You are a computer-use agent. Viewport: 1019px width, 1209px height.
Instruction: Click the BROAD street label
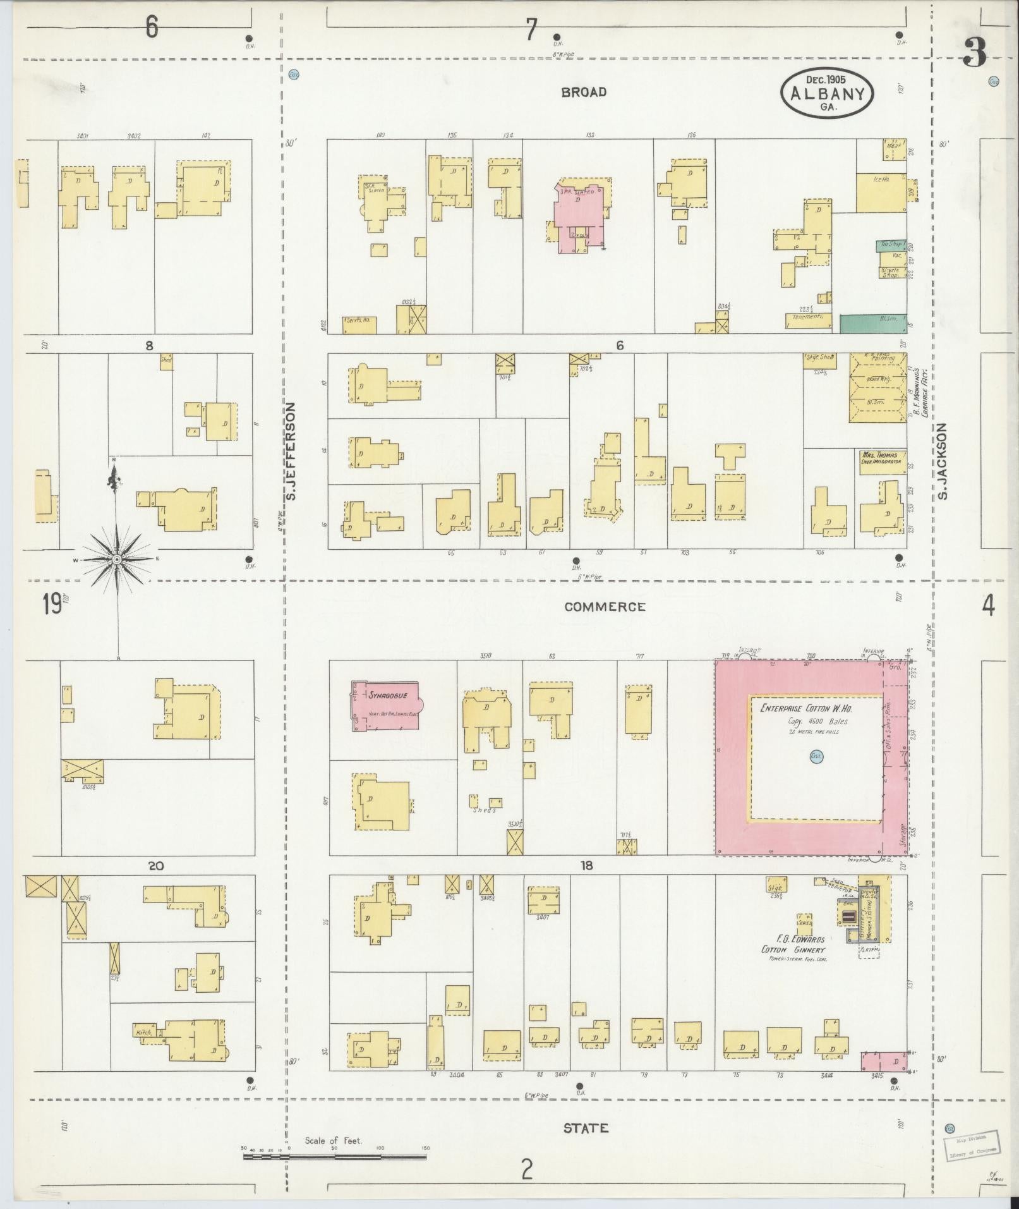[584, 92]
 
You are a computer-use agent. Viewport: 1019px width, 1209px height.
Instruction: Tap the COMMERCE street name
[605, 607]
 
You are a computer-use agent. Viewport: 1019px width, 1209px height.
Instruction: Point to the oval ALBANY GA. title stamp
[827, 94]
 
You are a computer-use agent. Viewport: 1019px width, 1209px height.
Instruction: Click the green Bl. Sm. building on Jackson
[872, 324]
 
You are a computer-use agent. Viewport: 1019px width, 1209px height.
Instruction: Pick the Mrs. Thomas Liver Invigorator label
[880, 458]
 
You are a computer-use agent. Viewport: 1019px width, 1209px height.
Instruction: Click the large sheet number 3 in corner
[974, 53]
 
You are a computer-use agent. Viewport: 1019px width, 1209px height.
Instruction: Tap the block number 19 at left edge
[52, 605]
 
